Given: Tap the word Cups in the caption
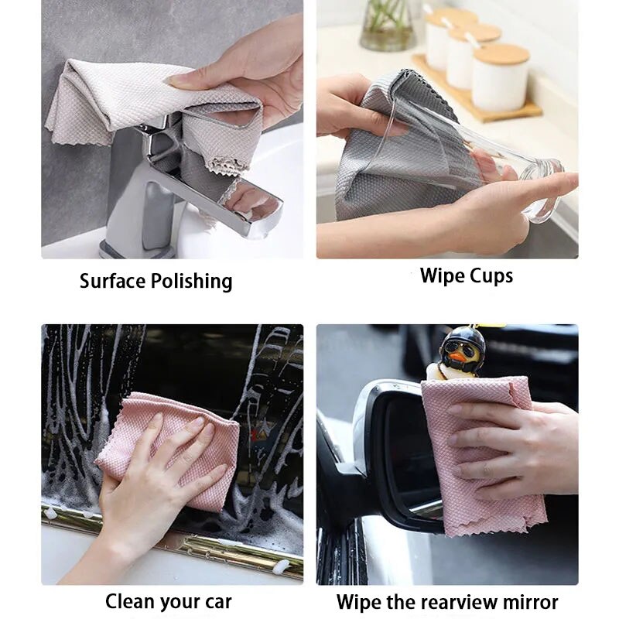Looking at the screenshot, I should click(x=487, y=275).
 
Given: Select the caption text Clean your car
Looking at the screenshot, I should click(x=168, y=601).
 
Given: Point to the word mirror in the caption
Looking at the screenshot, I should click(x=531, y=602).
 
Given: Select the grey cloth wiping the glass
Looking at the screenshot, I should click(x=387, y=155).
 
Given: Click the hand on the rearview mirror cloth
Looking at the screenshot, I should click(x=518, y=449).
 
